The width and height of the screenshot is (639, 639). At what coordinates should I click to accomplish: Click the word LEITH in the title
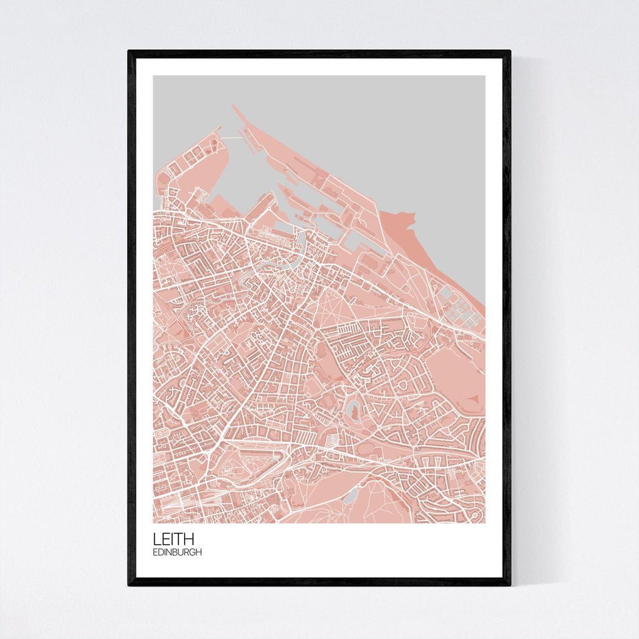tap(173, 539)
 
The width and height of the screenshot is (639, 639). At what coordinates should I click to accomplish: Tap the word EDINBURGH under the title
tap(177, 552)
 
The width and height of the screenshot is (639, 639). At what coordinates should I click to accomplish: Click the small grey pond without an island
tap(351, 495)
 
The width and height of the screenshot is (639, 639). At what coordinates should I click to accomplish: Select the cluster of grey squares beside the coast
tap(459, 306)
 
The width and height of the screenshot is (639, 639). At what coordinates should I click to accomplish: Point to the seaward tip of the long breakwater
tap(235, 107)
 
